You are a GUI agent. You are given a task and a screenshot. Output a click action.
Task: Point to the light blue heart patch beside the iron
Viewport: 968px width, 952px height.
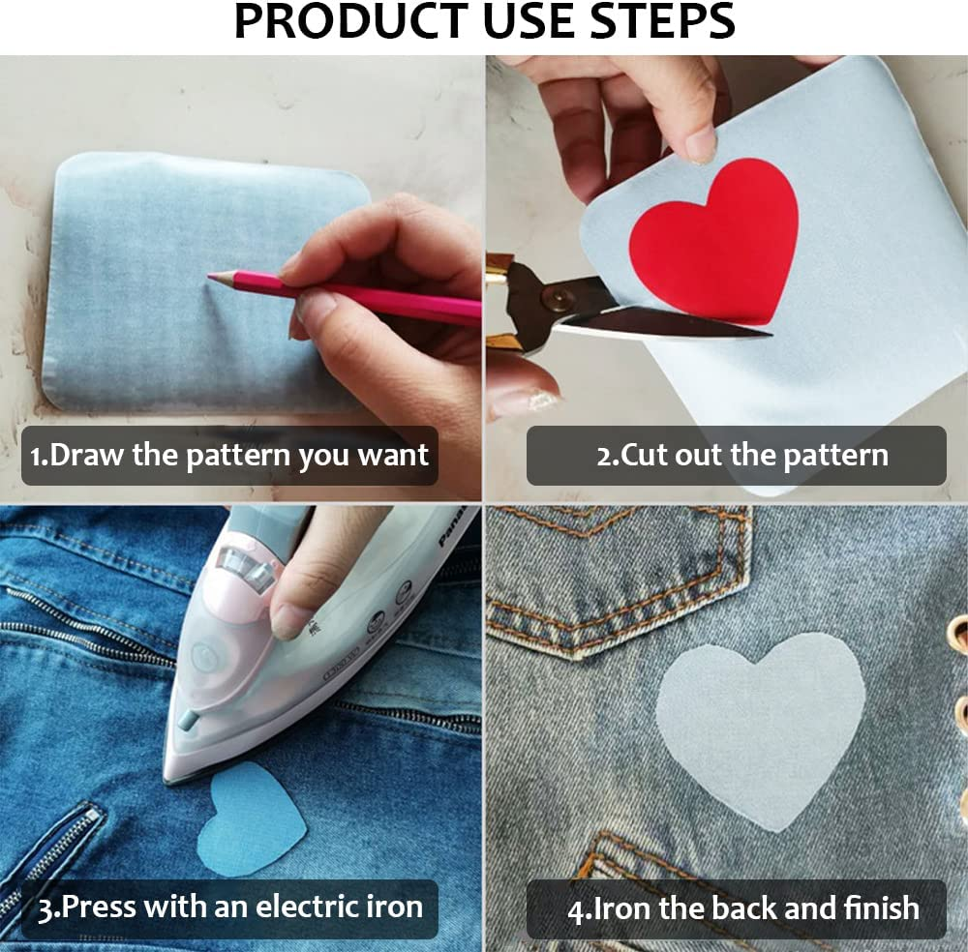[251, 818]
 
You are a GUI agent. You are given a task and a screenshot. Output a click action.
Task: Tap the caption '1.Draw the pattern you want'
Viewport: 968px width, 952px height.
[229, 455]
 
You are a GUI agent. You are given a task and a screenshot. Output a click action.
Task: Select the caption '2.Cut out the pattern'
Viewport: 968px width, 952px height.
[736, 455]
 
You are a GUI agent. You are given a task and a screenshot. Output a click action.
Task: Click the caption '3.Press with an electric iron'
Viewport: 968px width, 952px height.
[229, 907]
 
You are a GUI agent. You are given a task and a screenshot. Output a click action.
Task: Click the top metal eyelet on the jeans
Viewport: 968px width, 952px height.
[958, 634]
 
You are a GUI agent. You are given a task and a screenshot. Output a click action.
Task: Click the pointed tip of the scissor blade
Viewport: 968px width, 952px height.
[771, 335]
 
